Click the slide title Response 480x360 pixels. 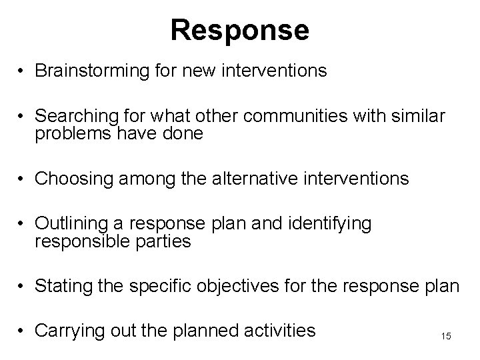[239, 30]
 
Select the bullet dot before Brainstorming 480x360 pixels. [22, 71]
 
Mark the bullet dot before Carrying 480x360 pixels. [22, 329]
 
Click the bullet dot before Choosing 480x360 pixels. [22, 179]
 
